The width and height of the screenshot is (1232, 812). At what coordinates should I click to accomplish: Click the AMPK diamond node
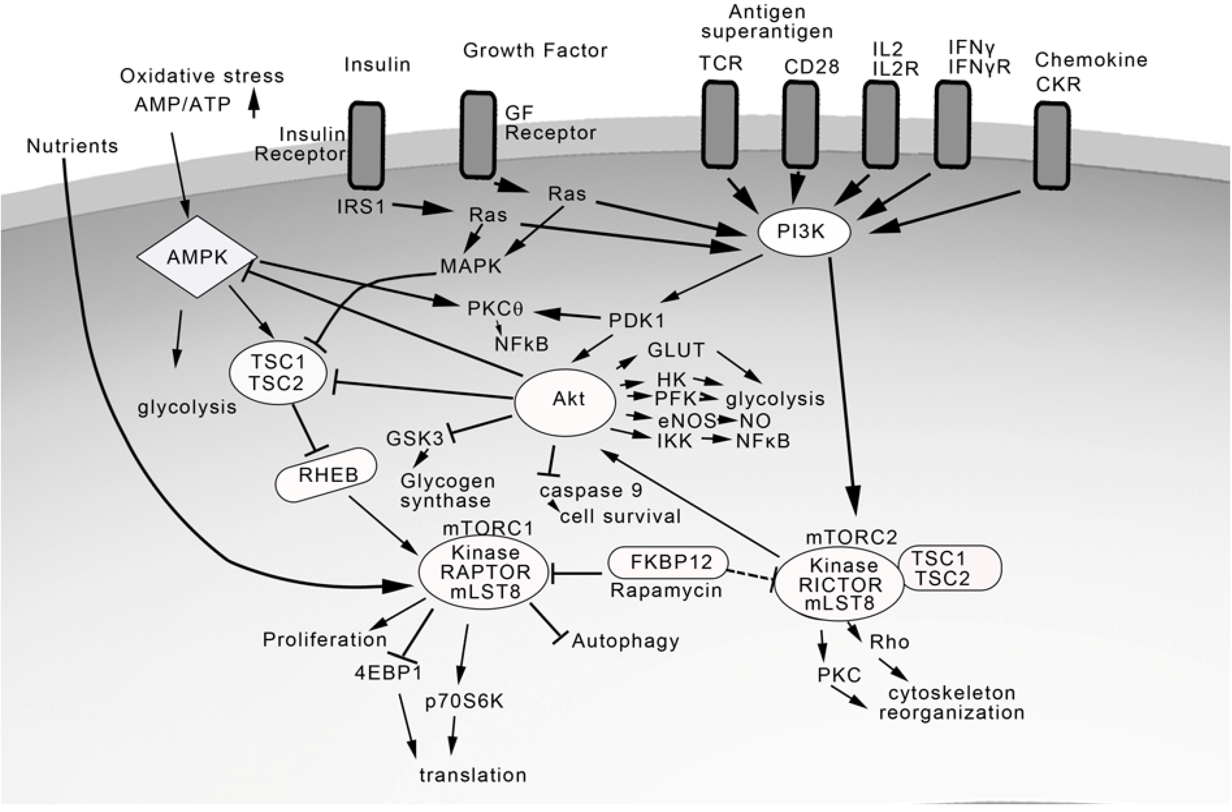tap(197, 257)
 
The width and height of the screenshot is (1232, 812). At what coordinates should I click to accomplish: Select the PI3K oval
tap(804, 232)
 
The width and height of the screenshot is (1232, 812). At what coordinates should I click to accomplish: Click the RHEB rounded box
tap(327, 474)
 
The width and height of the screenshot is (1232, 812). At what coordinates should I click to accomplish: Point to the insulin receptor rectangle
tap(366, 145)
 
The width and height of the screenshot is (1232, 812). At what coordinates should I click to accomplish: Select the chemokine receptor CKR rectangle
tap(1051, 145)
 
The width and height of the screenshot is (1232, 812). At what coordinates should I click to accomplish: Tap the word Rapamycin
tap(666, 590)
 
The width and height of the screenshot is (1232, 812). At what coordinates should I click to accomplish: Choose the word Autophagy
tap(625, 641)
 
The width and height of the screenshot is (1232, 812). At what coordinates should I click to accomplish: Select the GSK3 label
tap(415, 439)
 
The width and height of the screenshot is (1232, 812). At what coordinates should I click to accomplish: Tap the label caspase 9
tap(590, 490)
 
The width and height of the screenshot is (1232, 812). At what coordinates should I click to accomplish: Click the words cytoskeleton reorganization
tap(951, 703)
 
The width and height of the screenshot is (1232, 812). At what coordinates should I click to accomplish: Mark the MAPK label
tap(471, 266)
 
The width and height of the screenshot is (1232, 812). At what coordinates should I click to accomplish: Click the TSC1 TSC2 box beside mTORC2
tap(949, 568)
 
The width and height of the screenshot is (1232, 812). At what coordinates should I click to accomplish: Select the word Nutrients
tap(72, 146)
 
